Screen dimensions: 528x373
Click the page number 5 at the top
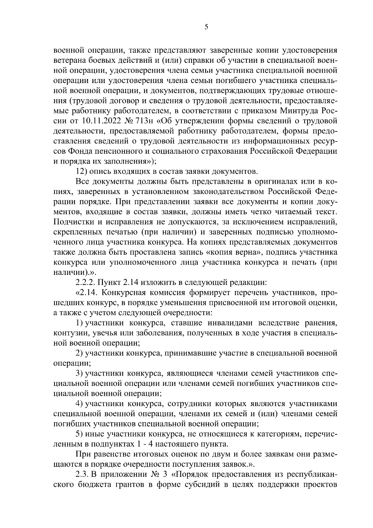pos(206,27)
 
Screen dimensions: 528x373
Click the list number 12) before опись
pos(81,171)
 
